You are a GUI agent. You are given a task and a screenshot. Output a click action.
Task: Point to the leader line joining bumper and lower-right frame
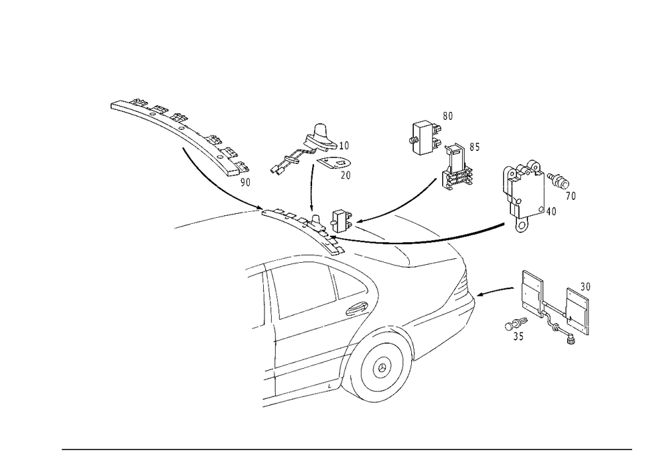tap(496, 291)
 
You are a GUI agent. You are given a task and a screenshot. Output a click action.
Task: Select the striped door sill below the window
tap(304, 371)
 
